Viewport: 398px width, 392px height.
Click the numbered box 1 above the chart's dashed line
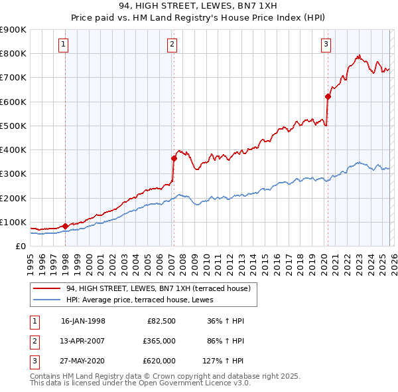(64, 45)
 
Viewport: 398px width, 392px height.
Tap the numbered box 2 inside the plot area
(172, 45)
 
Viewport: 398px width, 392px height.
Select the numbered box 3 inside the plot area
(326, 45)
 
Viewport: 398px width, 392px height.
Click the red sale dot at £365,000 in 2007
(174, 158)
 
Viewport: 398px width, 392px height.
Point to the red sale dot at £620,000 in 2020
(328, 96)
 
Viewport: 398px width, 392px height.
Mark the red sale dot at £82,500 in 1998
(65, 226)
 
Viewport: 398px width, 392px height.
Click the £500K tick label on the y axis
(13, 126)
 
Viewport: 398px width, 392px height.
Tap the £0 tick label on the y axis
(20, 246)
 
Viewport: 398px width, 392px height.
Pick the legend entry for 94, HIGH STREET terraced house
(158, 288)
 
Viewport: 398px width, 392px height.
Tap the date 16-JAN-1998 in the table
(83, 321)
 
